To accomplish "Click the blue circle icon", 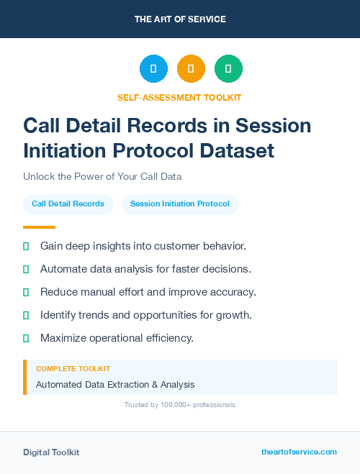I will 153,69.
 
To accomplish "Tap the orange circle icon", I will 191,69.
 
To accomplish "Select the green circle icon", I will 228,69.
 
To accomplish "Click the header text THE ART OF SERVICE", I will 180,19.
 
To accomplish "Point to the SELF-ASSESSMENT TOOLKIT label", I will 179,97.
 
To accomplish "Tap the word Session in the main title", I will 276,125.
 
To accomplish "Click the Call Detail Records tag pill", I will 68,204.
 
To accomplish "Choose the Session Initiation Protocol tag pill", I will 180,204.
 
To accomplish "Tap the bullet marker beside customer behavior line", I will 26,246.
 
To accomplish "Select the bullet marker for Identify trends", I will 26,315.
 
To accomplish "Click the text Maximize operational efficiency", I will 117,338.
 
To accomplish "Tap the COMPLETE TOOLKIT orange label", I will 73,369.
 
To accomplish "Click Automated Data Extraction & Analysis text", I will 115,385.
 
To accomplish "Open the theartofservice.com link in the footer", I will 299,452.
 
